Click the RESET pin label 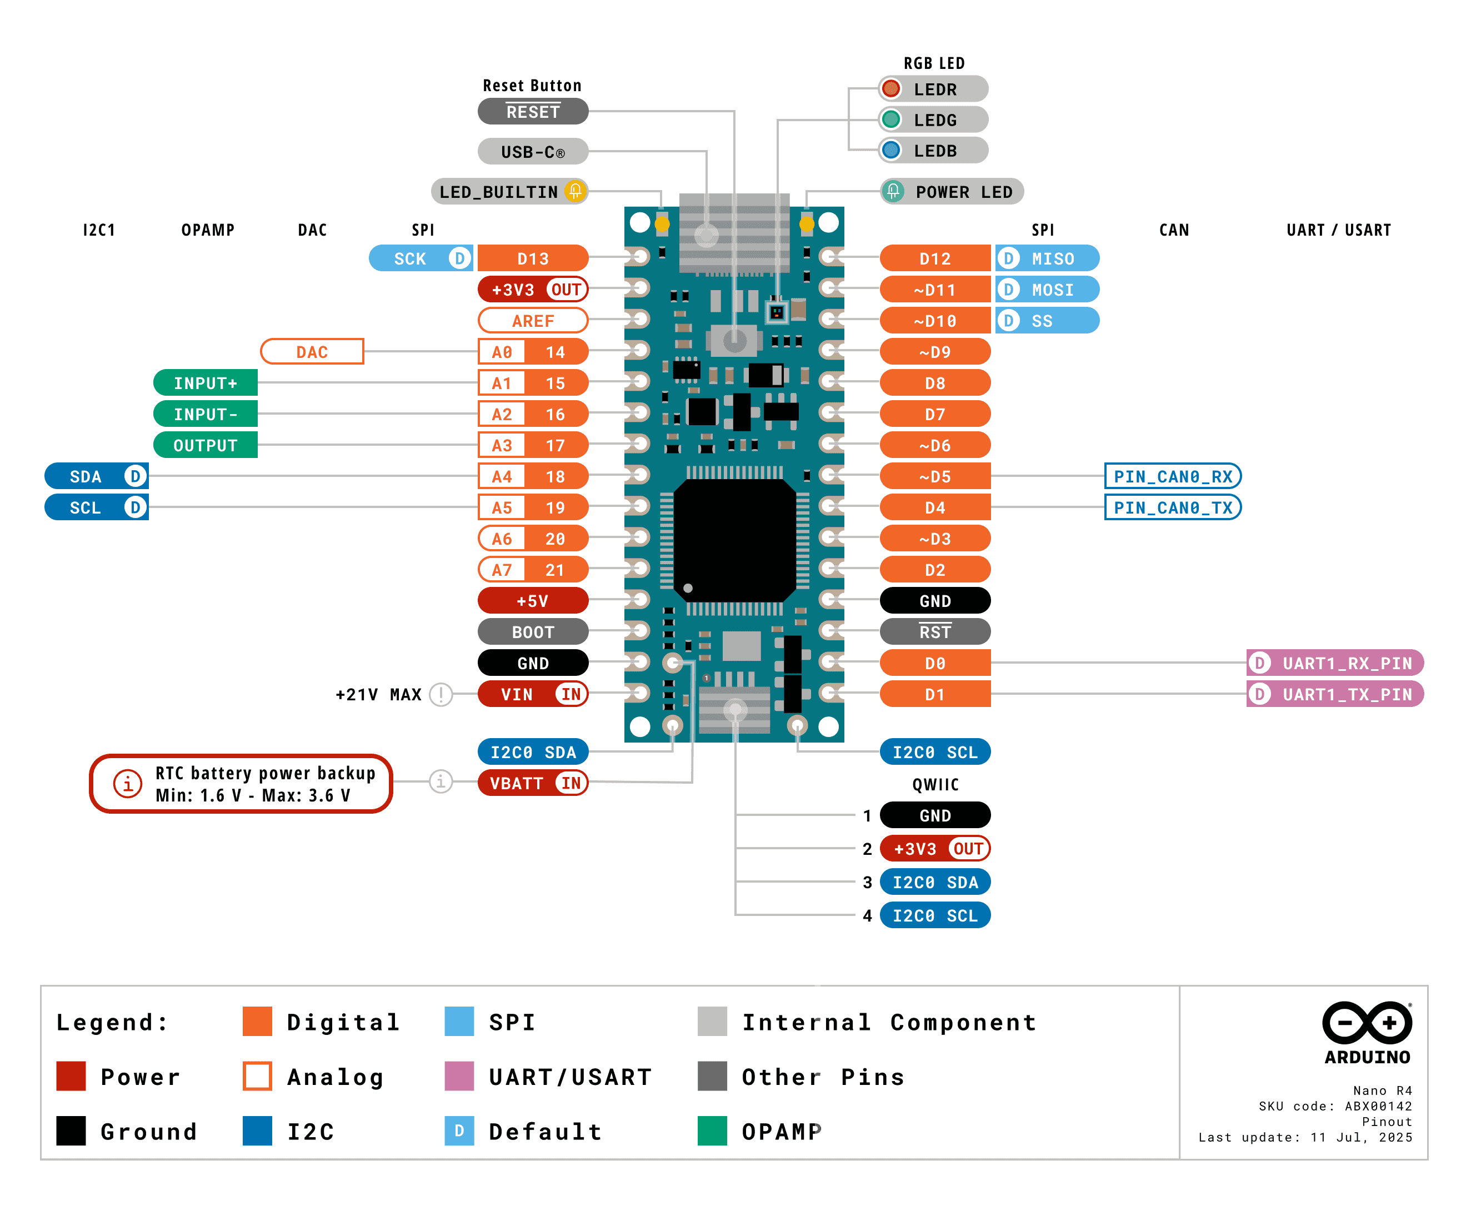click(532, 111)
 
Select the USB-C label click(532, 151)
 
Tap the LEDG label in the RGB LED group click(934, 119)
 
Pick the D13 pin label click(532, 258)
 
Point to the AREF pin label click(532, 321)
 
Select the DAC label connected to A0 click(312, 352)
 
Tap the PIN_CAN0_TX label click(1172, 507)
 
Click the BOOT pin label click(532, 631)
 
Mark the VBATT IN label click(532, 783)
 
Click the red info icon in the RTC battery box click(128, 784)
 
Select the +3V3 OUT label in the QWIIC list click(934, 848)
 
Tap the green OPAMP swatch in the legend click(712, 1131)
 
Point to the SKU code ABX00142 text click(1335, 1106)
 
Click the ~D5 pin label click(934, 476)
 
